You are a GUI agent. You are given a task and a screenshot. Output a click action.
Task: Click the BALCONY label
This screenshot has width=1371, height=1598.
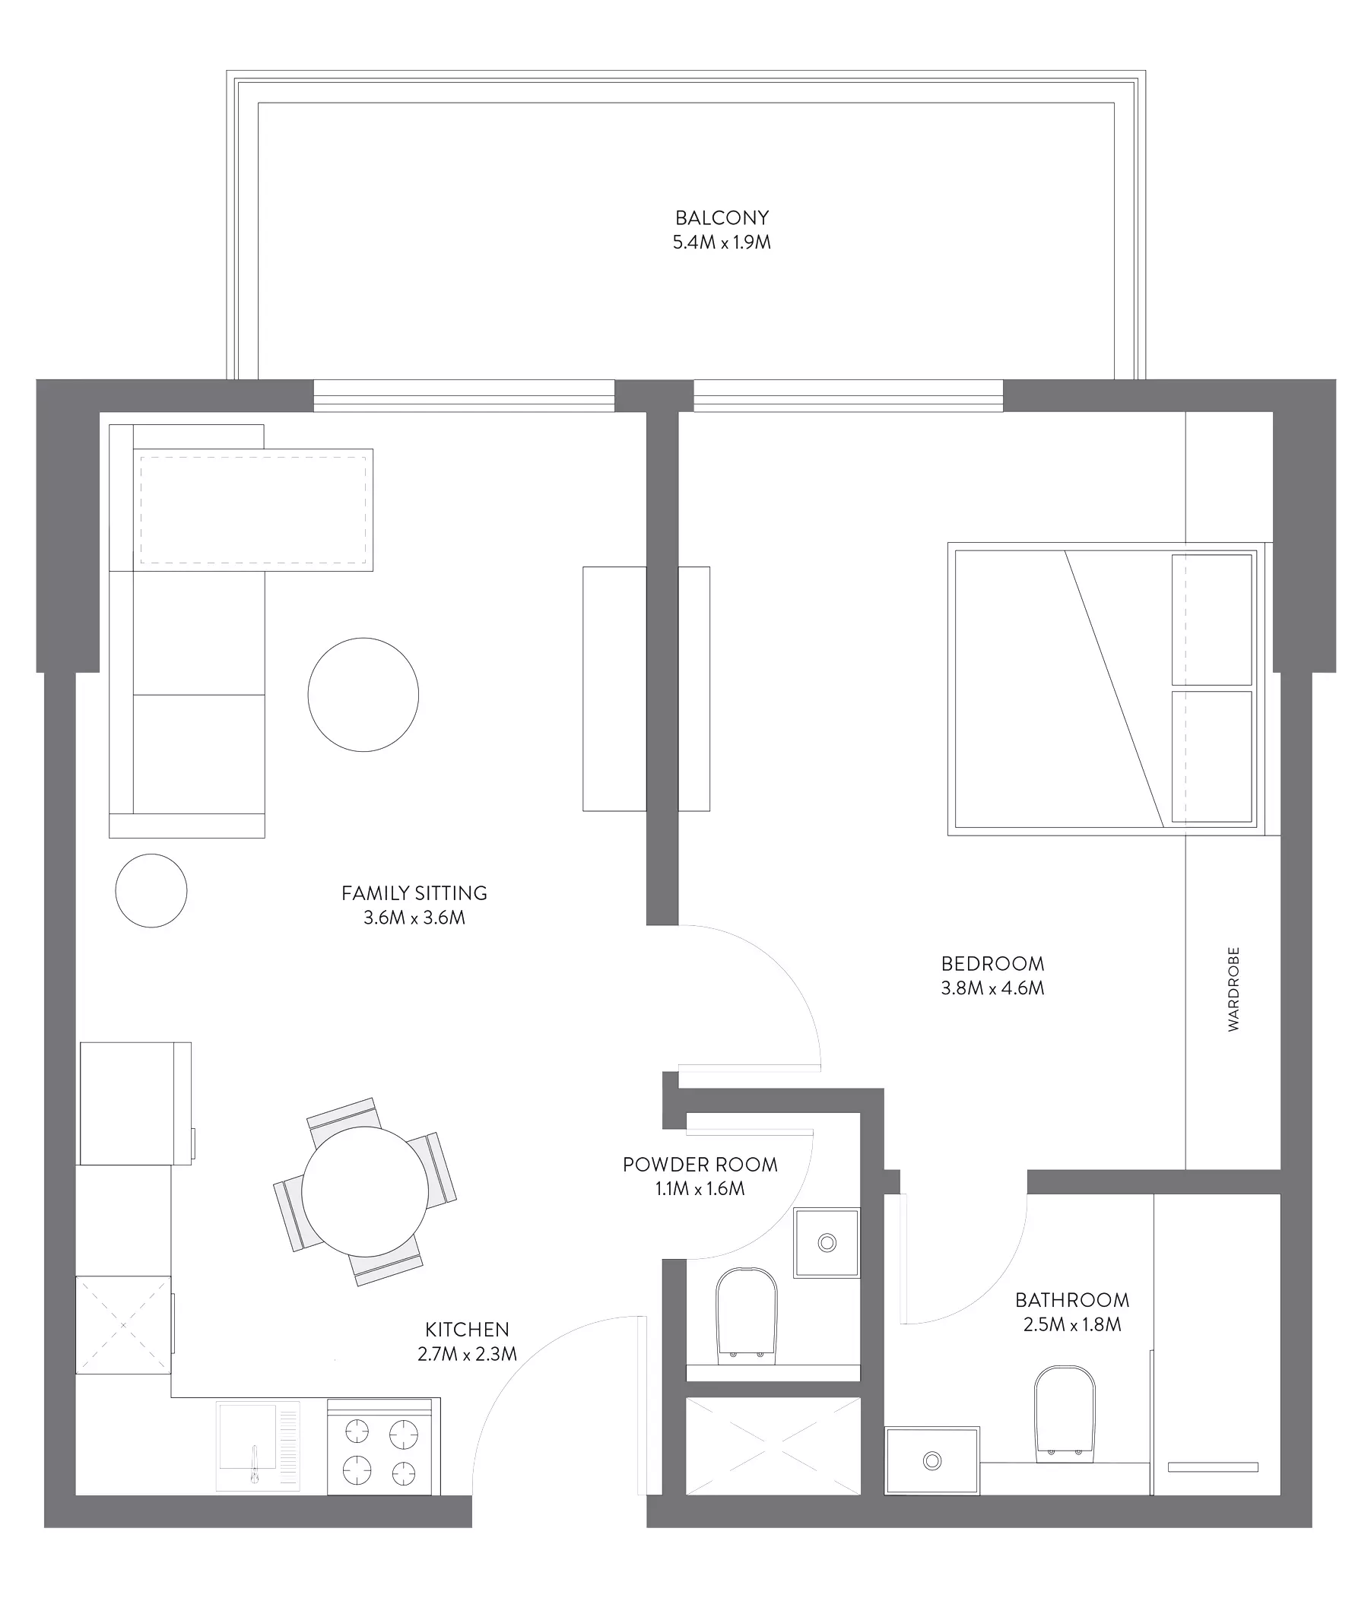(x=722, y=218)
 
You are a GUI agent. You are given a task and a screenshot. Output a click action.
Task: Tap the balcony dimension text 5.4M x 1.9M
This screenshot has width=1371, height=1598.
(x=722, y=243)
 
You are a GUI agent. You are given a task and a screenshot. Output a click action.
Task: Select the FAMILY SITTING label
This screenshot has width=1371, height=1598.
(x=414, y=893)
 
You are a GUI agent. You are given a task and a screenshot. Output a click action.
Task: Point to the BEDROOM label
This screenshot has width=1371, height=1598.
(x=992, y=963)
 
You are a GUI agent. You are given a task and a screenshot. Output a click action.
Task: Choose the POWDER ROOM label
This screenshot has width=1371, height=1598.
(x=700, y=1165)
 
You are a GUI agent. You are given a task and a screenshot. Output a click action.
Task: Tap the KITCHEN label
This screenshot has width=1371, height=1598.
(x=467, y=1330)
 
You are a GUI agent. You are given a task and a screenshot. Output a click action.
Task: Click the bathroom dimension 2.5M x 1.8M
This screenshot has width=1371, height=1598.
(x=1072, y=1325)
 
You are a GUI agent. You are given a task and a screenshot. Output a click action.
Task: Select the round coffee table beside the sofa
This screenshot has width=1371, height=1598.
(x=363, y=694)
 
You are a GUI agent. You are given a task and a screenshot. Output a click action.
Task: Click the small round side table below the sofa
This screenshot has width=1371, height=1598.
(x=151, y=891)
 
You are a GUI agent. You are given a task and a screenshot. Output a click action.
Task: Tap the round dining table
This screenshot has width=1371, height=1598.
(x=365, y=1191)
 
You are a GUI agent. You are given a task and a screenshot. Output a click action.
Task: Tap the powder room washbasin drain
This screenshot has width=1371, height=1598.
(x=827, y=1242)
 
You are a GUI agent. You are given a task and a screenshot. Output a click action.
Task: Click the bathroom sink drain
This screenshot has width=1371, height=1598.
(x=932, y=1460)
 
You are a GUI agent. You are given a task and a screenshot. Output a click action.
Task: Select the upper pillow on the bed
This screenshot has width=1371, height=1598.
(x=1211, y=620)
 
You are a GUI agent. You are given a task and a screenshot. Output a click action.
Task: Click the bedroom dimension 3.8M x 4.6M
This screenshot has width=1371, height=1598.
(x=992, y=988)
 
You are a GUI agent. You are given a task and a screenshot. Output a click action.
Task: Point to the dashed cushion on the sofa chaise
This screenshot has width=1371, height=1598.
(x=253, y=510)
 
